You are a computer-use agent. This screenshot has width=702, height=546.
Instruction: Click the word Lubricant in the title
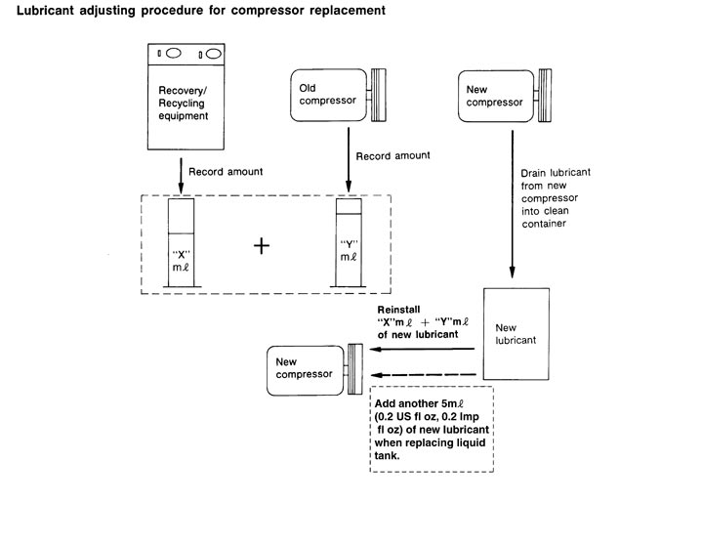(45, 11)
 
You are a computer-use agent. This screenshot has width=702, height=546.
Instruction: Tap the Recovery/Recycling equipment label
(184, 103)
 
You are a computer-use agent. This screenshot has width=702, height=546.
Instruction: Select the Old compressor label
(328, 94)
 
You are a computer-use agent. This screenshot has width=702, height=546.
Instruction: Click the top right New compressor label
(494, 96)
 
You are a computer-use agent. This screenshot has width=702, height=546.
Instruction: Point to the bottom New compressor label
(304, 367)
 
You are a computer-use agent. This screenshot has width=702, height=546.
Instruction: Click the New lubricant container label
(516, 334)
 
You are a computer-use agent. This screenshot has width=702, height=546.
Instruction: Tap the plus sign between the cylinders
(262, 246)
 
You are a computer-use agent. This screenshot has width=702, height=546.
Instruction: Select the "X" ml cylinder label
(181, 261)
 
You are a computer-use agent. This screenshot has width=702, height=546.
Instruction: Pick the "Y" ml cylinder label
(349, 250)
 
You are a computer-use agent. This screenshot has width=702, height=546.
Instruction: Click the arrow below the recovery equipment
(181, 176)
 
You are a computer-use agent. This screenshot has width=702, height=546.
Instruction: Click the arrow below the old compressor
(349, 160)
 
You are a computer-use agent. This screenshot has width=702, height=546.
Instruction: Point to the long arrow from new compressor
(513, 204)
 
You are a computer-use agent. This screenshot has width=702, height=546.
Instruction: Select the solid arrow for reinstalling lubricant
(422, 349)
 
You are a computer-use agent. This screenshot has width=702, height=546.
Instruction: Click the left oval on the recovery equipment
(174, 54)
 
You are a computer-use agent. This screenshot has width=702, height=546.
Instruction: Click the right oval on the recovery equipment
(214, 54)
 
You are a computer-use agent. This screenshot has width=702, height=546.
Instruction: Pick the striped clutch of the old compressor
(378, 95)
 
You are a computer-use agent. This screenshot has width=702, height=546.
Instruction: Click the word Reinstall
(398, 310)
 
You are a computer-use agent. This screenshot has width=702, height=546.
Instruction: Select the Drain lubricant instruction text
(556, 198)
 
